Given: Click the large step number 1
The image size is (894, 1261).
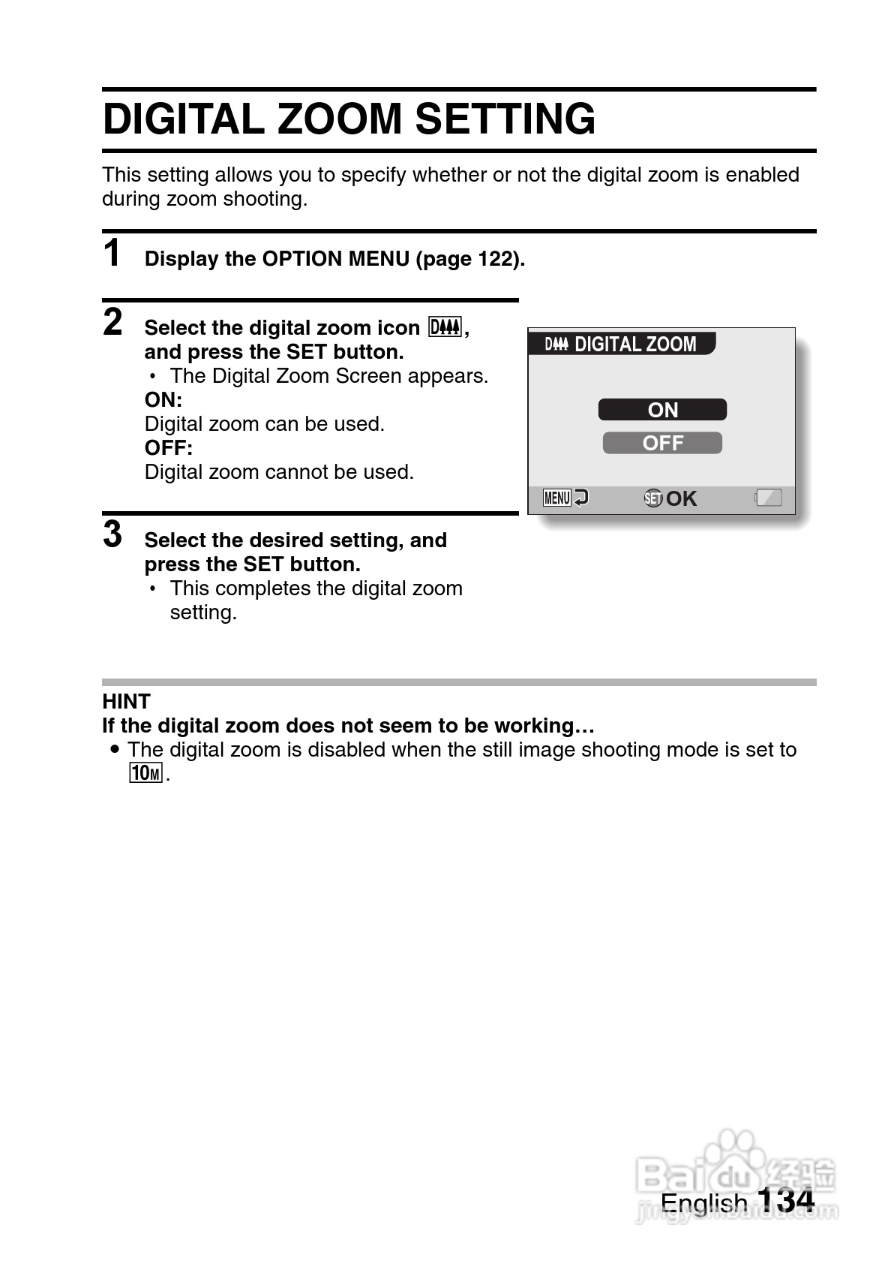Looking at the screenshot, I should (112, 253).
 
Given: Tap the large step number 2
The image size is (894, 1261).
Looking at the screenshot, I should (112, 322).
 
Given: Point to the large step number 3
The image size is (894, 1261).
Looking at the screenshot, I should (112, 534).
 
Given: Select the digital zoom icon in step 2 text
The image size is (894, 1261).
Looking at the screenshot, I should (445, 327).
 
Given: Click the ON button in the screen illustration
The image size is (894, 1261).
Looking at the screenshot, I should (662, 410).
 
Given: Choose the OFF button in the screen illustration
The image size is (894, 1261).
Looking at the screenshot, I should (662, 443).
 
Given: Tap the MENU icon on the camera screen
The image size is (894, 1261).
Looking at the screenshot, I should (557, 498).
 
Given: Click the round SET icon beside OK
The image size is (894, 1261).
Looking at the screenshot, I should (652, 498).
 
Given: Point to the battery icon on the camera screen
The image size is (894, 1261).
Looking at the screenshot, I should (769, 498).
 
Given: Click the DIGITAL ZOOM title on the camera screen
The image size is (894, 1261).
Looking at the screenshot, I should (634, 344).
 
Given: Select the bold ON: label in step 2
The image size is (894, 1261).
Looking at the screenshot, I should (163, 399).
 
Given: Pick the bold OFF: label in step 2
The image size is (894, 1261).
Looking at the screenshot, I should (169, 447).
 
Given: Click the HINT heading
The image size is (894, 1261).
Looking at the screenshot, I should (126, 701).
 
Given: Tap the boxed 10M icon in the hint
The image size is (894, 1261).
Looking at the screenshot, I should (145, 772).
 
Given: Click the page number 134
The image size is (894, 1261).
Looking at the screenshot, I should (785, 1200).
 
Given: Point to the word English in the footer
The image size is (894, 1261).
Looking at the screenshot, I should (703, 1203).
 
